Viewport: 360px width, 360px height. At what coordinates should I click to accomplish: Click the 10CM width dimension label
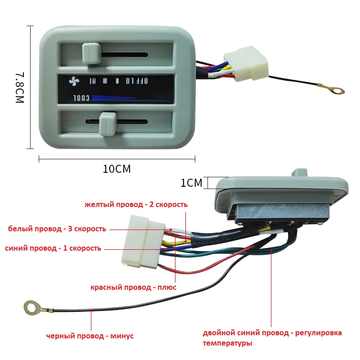(117, 169)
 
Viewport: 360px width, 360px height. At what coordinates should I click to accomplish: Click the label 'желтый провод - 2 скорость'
(136, 205)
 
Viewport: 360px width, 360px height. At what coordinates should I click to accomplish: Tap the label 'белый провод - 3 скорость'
(57, 229)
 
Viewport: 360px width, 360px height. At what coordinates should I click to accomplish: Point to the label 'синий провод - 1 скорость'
(53, 248)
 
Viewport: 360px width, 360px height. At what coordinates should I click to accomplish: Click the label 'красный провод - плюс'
(133, 287)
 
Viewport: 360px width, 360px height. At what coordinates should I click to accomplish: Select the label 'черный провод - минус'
(90, 336)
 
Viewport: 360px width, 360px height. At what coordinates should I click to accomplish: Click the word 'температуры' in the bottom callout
(227, 343)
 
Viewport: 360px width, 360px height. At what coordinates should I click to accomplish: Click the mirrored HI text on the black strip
(92, 81)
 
